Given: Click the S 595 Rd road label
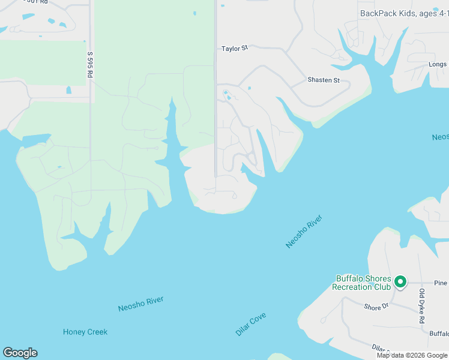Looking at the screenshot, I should point(90,64).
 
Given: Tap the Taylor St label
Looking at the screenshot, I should point(234,48).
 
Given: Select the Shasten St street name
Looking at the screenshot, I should point(324,80).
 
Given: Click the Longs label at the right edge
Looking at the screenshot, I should point(438,64).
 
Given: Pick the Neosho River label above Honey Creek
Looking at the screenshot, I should point(140,304).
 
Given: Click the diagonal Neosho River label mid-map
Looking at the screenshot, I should point(304,231).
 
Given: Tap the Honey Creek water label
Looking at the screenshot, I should point(85,332).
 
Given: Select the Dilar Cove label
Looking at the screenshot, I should point(251,324).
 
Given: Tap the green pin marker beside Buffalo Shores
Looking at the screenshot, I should point(402,281).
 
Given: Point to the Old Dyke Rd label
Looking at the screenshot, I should point(421,305).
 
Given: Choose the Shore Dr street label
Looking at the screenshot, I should point(376,307).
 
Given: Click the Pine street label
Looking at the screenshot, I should point(441,282).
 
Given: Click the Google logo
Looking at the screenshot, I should point(20,353).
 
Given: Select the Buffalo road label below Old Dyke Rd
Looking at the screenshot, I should point(439,334).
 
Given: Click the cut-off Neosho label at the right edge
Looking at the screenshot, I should point(440,137).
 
